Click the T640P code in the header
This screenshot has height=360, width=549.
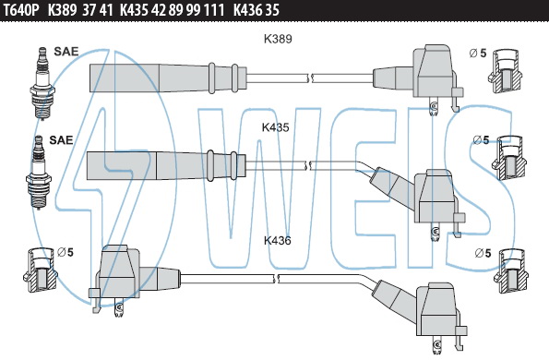point(20,10)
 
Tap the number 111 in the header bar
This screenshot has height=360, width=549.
point(214,10)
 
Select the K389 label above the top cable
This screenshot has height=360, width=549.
point(278,39)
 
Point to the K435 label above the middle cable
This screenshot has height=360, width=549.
point(276,127)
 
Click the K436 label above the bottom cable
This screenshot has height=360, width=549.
point(278,241)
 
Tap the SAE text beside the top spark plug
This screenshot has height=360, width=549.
point(66,52)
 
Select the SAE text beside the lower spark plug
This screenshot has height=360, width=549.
point(61,140)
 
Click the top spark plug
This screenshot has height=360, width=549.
point(42,83)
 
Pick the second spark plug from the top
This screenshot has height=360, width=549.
point(39,172)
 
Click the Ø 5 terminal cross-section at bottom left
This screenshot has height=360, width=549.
point(41,270)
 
